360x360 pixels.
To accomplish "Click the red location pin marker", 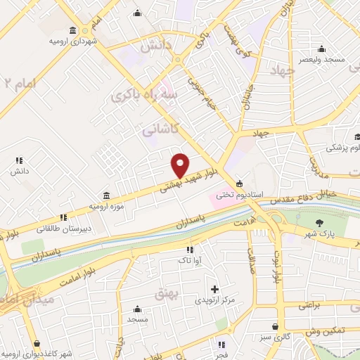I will tap(180, 165).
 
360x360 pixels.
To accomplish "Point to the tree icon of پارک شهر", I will tap(320, 223).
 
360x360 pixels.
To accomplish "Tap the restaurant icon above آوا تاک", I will tap(189, 250).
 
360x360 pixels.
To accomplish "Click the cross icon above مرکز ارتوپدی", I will tap(214, 289).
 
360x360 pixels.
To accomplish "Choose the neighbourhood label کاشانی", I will tap(162, 127).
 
